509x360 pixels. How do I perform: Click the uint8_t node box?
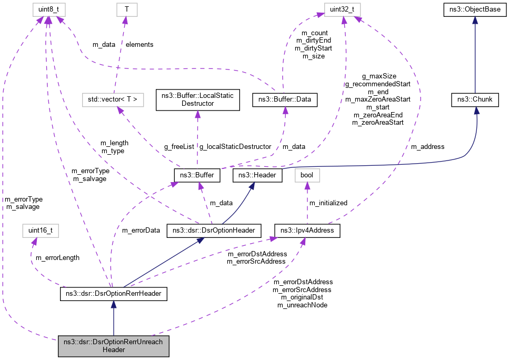pos(48,9)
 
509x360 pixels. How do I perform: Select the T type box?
pos(125,9)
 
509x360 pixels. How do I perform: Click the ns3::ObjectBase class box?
pos(475,9)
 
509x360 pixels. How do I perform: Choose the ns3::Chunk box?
pos(475,99)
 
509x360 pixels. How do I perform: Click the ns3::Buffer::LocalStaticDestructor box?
pos(197,99)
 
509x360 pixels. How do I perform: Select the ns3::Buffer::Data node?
pos(285,99)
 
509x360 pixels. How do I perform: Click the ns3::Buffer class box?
pos(196,175)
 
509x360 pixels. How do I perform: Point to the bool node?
pos(307,175)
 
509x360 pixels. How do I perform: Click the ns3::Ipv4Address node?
pos(307,231)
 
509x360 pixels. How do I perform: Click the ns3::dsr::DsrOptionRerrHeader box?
pos(114,294)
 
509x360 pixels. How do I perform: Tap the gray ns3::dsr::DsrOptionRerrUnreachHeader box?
pos(114,345)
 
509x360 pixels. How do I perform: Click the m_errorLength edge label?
pos(57,257)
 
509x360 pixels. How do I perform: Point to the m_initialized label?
pos(328,203)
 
